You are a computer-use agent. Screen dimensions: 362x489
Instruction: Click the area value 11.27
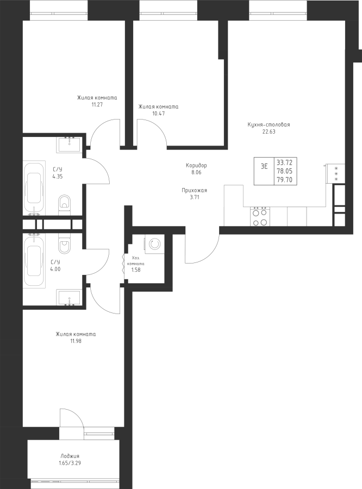point(97,104)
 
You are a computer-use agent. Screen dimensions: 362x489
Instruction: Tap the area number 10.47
point(159,114)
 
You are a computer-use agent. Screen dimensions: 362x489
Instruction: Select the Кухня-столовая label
point(269,125)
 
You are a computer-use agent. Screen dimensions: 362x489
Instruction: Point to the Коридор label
point(196,165)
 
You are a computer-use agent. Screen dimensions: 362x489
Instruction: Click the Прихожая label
point(195,190)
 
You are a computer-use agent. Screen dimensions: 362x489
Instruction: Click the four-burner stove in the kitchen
point(260,216)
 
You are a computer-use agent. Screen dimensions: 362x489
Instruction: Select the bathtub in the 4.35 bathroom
point(34,188)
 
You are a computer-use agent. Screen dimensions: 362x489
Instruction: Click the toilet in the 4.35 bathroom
point(65,205)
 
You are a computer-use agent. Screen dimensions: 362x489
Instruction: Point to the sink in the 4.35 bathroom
point(69,145)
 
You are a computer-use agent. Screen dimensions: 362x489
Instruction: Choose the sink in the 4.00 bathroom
point(69,297)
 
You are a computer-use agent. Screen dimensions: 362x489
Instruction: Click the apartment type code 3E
point(264,166)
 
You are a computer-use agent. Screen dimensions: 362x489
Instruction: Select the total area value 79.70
point(285,180)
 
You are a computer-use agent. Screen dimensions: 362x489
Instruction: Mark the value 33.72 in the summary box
point(285,162)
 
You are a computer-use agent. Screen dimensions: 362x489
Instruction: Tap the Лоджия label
point(70,456)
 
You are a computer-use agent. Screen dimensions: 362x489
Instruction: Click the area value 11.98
point(76,341)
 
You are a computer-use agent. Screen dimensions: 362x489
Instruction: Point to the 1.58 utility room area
point(136,269)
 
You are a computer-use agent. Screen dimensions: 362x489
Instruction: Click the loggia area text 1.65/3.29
point(70,463)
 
